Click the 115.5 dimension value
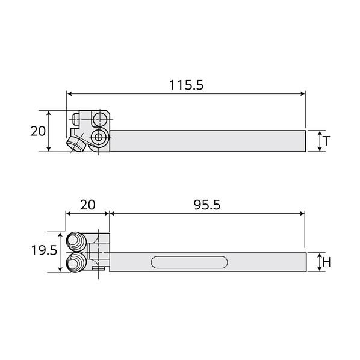[x=186, y=85]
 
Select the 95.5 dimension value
[x=207, y=205]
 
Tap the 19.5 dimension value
[x=44, y=250]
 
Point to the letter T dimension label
[x=326, y=141]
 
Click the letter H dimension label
[x=326, y=262]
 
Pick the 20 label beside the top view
[x=38, y=131]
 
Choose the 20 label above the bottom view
[x=87, y=205]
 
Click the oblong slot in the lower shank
[x=189, y=262]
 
